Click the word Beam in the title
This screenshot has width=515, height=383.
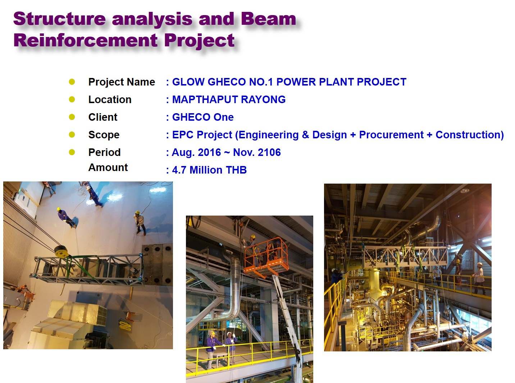(x=268, y=19)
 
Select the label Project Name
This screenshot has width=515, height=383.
(x=122, y=82)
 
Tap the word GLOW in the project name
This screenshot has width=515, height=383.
(x=188, y=82)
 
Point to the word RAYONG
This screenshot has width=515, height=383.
(x=263, y=100)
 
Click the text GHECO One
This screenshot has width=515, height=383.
(x=203, y=117)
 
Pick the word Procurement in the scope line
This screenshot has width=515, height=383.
(x=391, y=135)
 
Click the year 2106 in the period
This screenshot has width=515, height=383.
(x=269, y=152)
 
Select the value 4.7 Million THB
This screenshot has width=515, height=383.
(x=209, y=170)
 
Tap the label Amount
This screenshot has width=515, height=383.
(x=108, y=167)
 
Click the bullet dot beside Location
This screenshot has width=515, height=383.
(x=72, y=99)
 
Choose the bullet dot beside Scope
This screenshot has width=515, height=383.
(x=72, y=134)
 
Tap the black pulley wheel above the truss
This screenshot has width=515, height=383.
(x=61, y=252)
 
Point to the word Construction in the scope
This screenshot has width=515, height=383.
(x=469, y=135)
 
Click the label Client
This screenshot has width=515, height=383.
(x=103, y=117)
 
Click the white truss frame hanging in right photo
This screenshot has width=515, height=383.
(x=405, y=256)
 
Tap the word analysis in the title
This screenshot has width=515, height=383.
(x=152, y=19)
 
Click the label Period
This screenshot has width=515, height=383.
(x=105, y=152)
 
